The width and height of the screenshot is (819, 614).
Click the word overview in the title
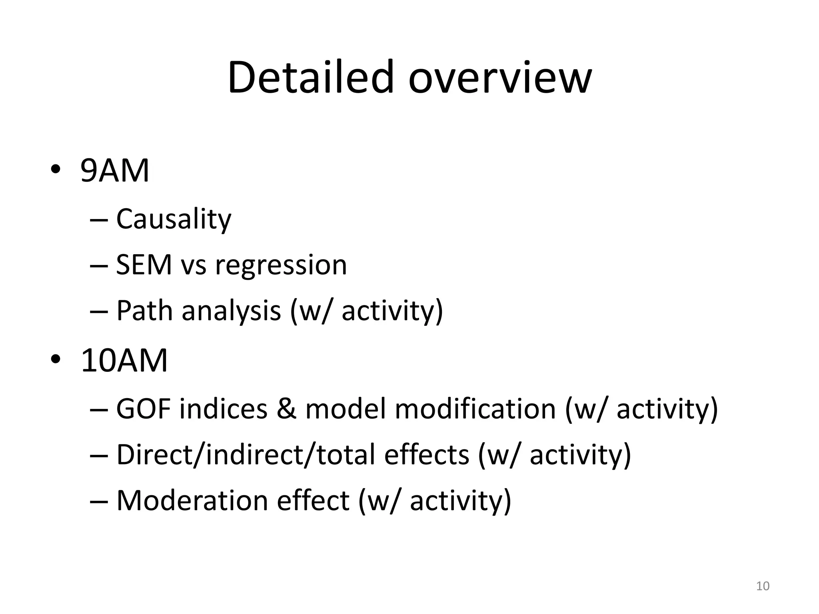coord(499,78)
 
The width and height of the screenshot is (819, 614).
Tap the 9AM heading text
coord(115,171)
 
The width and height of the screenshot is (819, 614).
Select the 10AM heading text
coord(124,361)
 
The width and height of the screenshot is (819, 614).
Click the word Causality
coord(174,219)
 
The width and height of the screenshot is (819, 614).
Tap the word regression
coord(281,265)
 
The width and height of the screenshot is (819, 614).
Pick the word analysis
coord(231,311)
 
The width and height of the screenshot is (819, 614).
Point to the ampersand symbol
coord(286,409)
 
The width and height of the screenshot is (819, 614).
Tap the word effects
coord(426,455)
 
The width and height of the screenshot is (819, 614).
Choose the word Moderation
coord(192,500)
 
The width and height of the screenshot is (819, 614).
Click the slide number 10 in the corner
coord(763,586)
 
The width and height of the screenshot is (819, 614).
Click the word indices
coord(223,409)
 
